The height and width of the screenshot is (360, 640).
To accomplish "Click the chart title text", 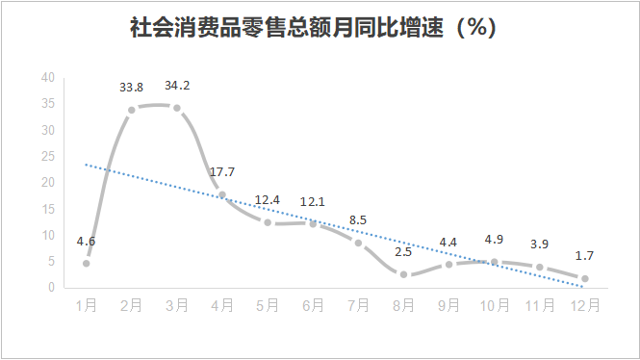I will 314,28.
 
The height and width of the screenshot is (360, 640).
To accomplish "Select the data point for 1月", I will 87,263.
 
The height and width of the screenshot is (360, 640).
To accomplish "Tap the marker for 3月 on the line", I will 177,108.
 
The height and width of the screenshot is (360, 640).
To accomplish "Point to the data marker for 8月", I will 404,274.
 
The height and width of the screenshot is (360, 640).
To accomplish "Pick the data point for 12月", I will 584,278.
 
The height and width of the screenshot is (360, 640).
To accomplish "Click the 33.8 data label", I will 132,88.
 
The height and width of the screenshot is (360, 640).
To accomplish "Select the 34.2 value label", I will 177,86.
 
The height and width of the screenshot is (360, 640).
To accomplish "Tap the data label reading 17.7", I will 223,172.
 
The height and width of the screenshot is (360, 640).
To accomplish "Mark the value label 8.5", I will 359,220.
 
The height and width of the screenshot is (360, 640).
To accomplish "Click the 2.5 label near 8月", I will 404,252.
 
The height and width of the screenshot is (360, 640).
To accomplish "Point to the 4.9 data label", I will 495,240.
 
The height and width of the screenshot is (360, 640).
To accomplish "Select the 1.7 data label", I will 584,257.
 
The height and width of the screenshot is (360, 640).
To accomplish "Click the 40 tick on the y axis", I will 48,78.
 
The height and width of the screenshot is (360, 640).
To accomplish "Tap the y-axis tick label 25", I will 48,157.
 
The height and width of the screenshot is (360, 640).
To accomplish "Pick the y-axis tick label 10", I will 48,235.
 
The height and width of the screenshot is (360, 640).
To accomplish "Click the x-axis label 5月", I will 268,305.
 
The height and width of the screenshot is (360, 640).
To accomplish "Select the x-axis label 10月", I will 494,305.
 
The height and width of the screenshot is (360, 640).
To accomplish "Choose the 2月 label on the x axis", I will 132,305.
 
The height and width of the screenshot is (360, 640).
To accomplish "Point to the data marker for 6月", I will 314,223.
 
